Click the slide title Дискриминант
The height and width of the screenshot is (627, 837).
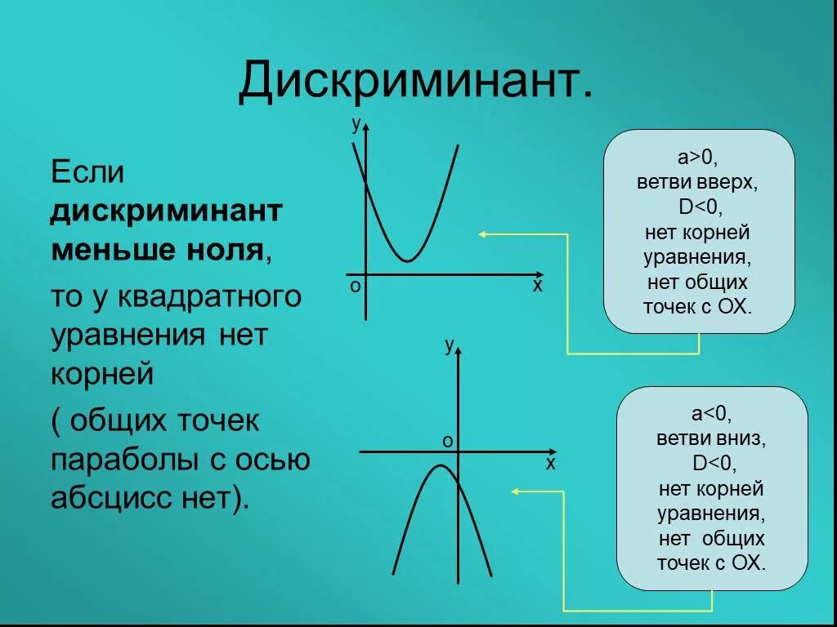pos(415,82)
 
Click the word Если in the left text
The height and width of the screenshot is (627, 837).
pos(87,173)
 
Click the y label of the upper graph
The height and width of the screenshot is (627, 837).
pos(356,124)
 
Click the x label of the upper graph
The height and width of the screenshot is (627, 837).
pos(537,287)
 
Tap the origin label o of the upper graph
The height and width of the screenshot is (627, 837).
pos(356,287)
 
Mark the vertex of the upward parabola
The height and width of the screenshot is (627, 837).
pos(406,261)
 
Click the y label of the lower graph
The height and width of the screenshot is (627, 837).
pos(449,345)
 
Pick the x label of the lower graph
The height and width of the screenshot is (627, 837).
pos(550,465)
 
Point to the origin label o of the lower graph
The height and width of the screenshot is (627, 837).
pos(447,442)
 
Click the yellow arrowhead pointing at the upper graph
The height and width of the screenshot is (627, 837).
pos(482,234)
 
